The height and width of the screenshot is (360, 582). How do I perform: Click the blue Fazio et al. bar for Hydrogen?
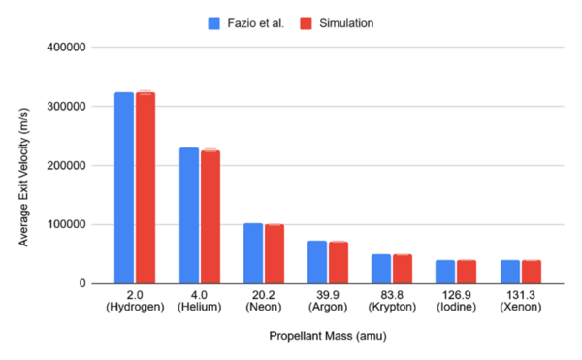point(124,188)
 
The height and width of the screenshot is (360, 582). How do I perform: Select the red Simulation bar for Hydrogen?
point(145,188)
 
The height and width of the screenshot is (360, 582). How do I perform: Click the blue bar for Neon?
point(253,253)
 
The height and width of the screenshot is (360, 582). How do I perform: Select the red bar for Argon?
point(338,262)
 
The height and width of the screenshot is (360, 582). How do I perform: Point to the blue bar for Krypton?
point(381,269)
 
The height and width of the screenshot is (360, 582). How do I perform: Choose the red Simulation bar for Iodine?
point(467,272)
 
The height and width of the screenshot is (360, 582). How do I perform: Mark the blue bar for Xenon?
point(510,272)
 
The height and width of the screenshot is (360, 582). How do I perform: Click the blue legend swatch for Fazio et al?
point(212,22)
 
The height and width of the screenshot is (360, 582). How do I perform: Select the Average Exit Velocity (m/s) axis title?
point(23,166)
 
